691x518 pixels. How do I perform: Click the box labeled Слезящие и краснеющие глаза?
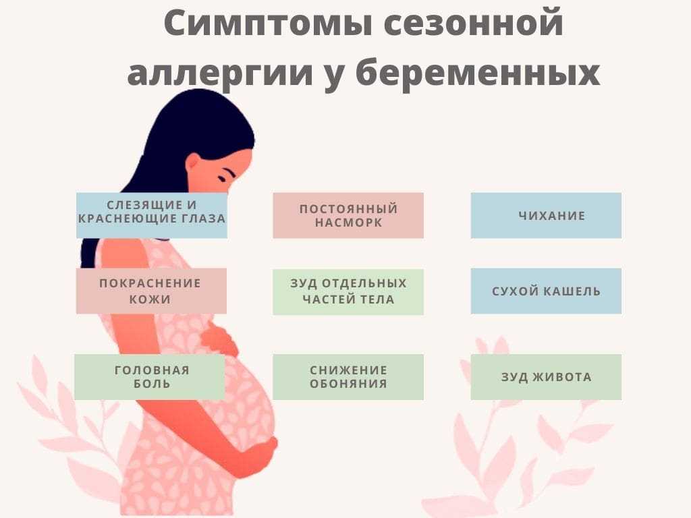[152, 215]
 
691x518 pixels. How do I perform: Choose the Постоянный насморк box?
[348, 215]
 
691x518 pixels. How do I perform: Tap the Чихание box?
[546, 215]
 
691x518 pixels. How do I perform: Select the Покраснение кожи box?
[151, 291]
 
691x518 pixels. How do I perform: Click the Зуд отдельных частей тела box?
[348, 291]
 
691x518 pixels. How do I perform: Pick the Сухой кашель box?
[546, 291]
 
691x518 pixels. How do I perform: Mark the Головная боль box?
[150, 377]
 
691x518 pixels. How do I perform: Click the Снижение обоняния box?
[348, 377]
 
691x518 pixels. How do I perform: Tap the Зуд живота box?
[546, 377]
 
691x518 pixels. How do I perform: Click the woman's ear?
[193, 164]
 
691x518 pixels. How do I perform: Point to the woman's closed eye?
[224, 177]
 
